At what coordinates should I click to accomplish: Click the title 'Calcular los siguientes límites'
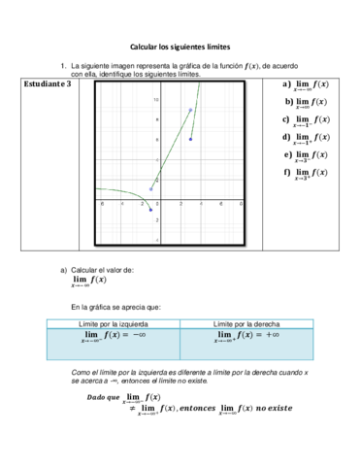pyautogui.click(x=180, y=46)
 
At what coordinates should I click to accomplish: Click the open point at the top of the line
pyautogui.click(x=190, y=110)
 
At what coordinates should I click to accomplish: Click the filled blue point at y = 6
pyautogui.click(x=190, y=140)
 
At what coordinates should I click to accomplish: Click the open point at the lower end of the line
pyautogui.click(x=151, y=189)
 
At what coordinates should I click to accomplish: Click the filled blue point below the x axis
pyautogui.click(x=151, y=210)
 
